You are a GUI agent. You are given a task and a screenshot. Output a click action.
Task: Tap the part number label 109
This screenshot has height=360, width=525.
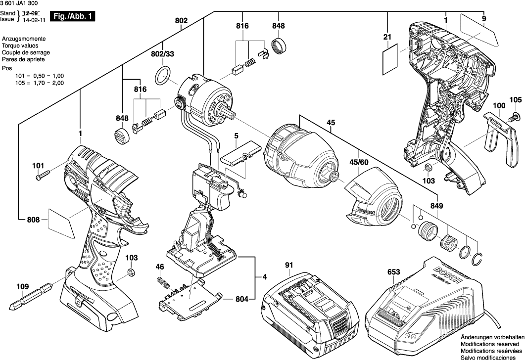(x=22, y=287)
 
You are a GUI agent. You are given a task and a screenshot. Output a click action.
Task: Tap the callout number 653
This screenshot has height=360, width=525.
(x=394, y=271)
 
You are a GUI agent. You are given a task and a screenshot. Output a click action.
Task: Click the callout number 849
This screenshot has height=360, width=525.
(x=437, y=206)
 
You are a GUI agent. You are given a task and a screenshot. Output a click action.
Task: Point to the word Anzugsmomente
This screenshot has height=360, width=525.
(x=24, y=39)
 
